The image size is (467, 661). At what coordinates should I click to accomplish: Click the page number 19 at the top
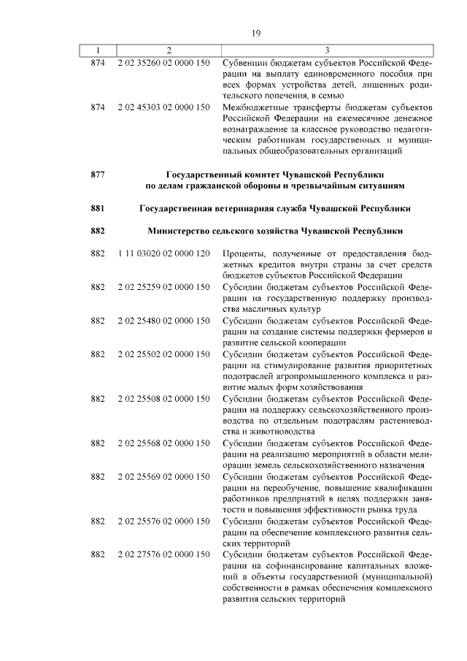click(256, 33)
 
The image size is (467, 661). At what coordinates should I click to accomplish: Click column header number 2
click(169, 50)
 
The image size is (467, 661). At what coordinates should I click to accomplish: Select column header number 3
click(327, 50)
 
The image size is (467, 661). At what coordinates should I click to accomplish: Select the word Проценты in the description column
click(244, 253)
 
